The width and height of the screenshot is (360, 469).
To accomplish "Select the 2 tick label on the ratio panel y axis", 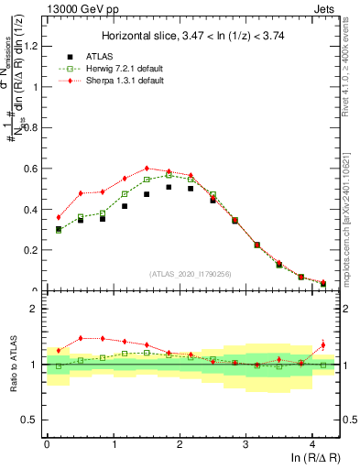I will [x=35, y=309].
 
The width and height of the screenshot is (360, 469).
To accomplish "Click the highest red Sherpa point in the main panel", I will [x=147, y=169].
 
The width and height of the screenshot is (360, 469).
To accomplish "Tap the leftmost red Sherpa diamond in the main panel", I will [x=59, y=217].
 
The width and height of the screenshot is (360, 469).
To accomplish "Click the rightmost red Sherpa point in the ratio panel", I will [x=322, y=345].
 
